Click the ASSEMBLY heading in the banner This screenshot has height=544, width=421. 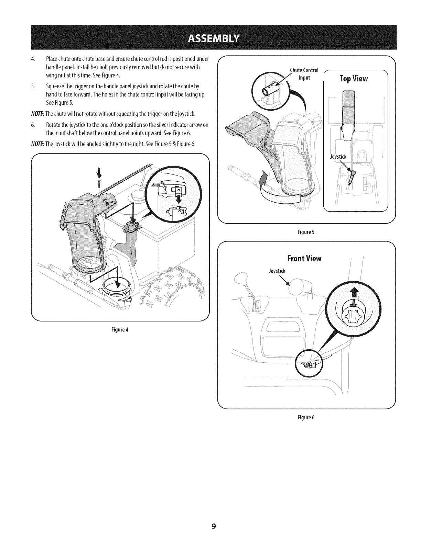pos(210,37)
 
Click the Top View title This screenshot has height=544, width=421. pos(354,79)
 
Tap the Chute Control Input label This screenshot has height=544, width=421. pos(304,74)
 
